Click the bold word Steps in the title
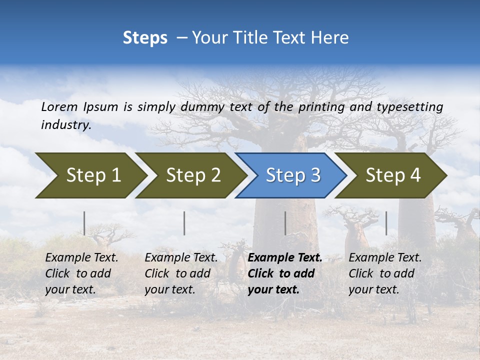[x=145, y=38]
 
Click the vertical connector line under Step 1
[x=84, y=223]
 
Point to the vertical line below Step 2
[x=184, y=223]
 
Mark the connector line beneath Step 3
[x=285, y=223]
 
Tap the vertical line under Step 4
[x=386, y=223]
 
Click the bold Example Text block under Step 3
[x=284, y=273]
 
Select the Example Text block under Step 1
[x=81, y=273]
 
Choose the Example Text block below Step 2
[x=181, y=273]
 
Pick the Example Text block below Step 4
[x=385, y=273]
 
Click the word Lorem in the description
[x=59, y=106]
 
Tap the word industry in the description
[x=66, y=124]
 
